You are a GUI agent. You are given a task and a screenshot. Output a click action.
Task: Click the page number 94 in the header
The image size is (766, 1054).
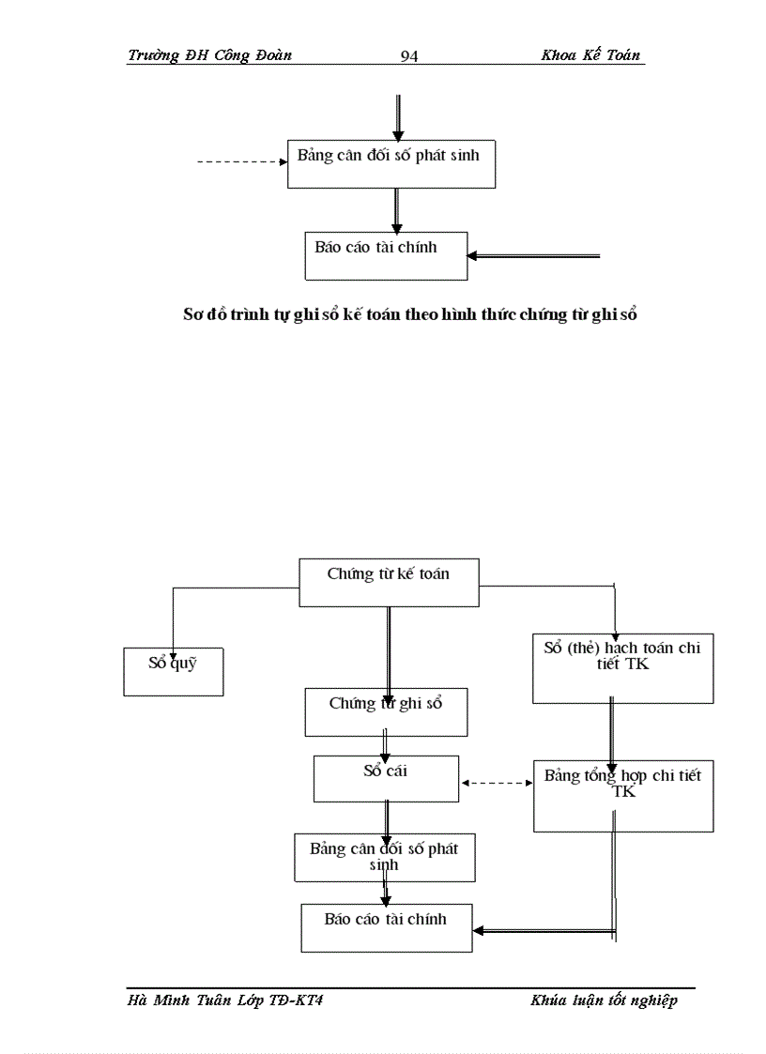[408, 56]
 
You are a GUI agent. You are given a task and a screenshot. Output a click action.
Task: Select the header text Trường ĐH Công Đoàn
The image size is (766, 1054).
[209, 55]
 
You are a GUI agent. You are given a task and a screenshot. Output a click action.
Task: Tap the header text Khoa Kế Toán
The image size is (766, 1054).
[590, 55]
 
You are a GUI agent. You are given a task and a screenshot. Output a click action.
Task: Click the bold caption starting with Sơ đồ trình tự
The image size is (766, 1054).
[409, 315]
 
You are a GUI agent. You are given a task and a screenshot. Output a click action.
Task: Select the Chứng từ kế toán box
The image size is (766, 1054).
[388, 582]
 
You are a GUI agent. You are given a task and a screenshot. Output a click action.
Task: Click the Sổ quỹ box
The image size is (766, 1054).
[173, 671]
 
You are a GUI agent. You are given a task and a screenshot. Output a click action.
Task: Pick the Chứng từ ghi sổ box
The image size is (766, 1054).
[385, 711]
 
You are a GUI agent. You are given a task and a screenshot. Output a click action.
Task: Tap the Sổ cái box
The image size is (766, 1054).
[386, 778]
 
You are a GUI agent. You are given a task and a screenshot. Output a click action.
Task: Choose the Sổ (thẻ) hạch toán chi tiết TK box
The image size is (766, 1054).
[622, 668]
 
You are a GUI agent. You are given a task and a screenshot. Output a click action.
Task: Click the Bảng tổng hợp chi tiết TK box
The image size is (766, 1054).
[622, 795]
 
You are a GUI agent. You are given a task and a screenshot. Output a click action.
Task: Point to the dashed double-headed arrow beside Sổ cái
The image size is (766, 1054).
[497, 782]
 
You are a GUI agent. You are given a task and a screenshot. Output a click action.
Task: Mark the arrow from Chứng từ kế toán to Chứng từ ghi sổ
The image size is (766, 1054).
[388, 648]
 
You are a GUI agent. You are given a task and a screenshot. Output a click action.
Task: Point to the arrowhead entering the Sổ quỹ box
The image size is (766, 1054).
[173, 642]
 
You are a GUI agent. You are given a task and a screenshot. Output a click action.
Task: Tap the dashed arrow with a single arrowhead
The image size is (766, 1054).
[241, 162]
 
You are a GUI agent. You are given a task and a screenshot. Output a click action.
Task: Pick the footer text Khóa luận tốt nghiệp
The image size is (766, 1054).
[603, 1001]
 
